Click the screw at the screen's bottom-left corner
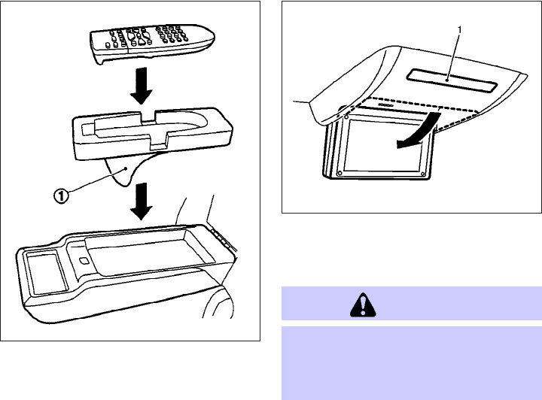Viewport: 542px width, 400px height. [339, 172]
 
